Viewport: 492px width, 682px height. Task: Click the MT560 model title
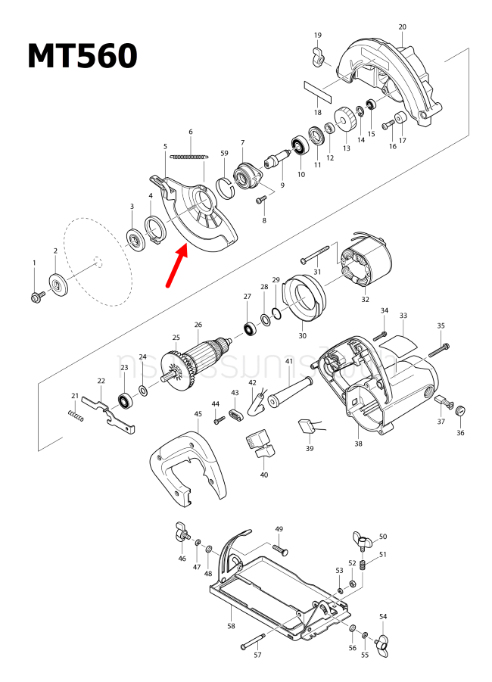(x=83, y=56)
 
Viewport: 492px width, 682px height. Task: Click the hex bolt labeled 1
(x=35, y=294)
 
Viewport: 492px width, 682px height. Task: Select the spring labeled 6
(x=188, y=157)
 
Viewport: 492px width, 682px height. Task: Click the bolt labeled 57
(x=254, y=641)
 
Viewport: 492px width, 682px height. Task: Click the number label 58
(x=232, y=627)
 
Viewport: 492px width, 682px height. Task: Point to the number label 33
(x=403, y=315)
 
